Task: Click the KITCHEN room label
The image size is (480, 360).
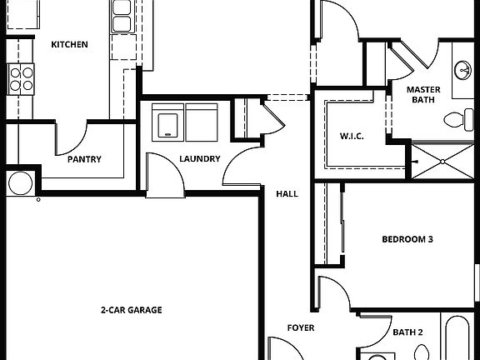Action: click(x=69, y=44)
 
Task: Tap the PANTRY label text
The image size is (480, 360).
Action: click(x=84, y=159)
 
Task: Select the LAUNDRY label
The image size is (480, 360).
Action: click(x=199, y=159)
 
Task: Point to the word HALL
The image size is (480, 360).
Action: click(x=287, y=194)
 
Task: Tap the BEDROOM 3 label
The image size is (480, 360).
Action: click(x=407, y=239)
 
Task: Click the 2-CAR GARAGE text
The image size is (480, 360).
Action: click(x=131, y=310)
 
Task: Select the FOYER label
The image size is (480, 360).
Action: click(x=301, y=327)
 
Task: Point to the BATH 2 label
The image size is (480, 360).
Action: click(x=407, y=332)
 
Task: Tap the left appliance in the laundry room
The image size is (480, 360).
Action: click(x=169, y=122)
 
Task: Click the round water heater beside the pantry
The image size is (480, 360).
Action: click(x=18, y=182)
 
